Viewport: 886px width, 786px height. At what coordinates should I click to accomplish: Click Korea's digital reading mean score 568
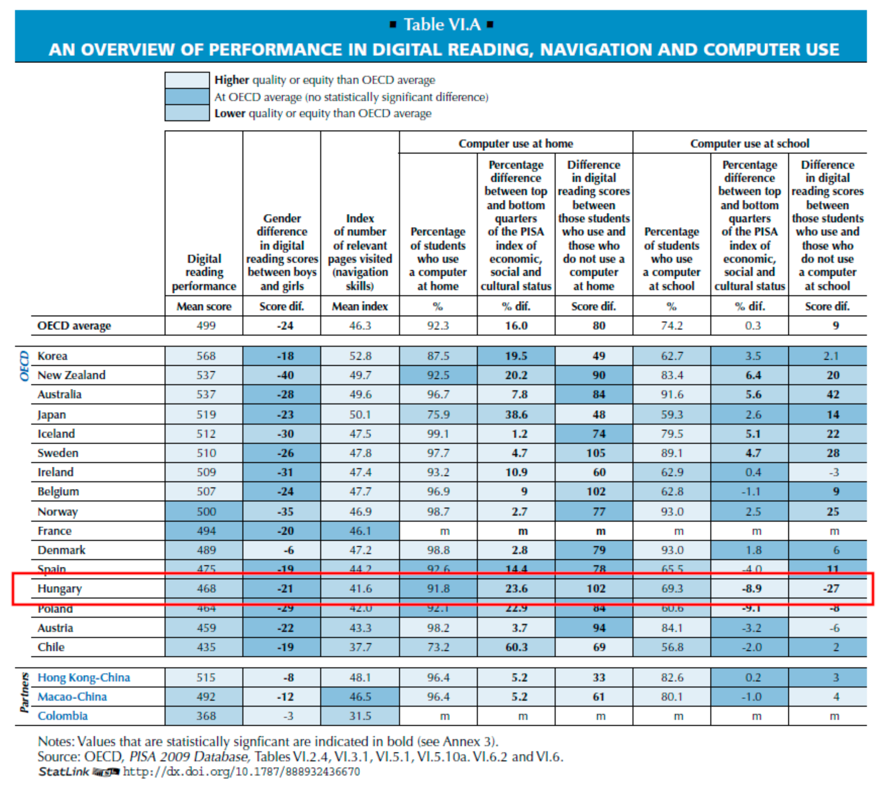click(x=206, y=356)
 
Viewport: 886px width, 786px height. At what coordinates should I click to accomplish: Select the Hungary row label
click(x=59, y=589)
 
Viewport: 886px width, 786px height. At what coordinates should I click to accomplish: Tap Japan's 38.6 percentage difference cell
click(x=516, y=415)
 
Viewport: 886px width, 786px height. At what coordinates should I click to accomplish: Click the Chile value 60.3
click(x=516, y=647)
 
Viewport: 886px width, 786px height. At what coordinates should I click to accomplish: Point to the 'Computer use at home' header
click(x=515, y=144)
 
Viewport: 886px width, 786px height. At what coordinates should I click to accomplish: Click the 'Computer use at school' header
click(x=749, y=144)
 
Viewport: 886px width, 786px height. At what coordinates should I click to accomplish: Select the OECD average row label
click(x=74, y=326)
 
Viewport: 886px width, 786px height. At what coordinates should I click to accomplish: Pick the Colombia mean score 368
click(x=206, y=716)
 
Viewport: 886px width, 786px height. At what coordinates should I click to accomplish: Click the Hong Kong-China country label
click(x=84, y=678)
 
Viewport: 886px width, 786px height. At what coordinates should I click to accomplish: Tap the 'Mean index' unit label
click(x=360, y=307)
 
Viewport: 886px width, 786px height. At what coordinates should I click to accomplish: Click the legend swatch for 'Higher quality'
click(x=187, y=80)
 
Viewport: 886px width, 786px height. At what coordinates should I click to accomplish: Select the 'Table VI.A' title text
click(x=442, y=25)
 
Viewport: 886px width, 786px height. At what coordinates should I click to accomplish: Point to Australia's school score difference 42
click(x=832, y=395)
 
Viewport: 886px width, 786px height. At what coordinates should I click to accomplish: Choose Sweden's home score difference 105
click(x=596, y=453)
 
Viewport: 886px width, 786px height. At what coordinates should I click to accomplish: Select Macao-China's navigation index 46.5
click(x=360, y=697)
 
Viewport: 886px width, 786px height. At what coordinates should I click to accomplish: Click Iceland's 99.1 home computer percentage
click(x=438, y=434)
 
